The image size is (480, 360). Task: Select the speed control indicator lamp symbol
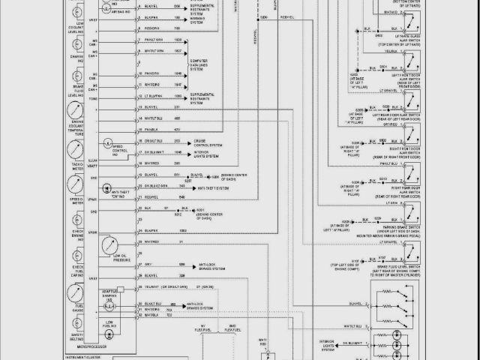[x=109, y=142]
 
